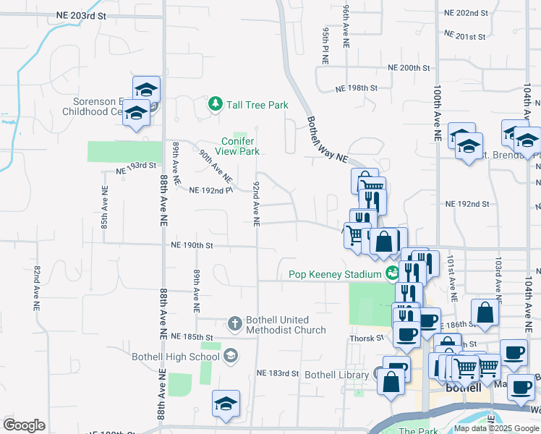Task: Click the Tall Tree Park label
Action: [x=257, y=105]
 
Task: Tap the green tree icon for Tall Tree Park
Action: [x=215, y=105]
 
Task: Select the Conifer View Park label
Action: [x=240, y=146]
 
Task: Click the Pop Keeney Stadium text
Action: [x=335, y=274]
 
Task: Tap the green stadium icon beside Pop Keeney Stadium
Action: [x=392, y=273]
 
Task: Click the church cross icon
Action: [x=234, y=323]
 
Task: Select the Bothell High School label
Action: [x=176, y=357]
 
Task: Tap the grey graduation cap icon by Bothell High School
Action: [x=230, y=354]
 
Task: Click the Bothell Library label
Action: [x=338, y=375]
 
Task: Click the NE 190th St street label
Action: [x=192, y=245]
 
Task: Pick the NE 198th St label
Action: [x=357, y=88]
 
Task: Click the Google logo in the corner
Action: [x=24, y=425]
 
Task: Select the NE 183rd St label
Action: [x=278, y=373]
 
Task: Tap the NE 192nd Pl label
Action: [x=211, y=191]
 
